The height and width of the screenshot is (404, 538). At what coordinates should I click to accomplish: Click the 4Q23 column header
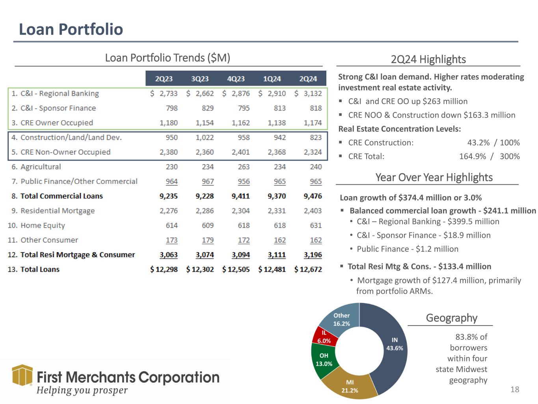236,79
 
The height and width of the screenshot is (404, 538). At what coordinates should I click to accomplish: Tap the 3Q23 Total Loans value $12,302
200,269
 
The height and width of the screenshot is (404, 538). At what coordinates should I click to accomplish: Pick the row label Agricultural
41,167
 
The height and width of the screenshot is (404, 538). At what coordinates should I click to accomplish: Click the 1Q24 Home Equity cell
280,225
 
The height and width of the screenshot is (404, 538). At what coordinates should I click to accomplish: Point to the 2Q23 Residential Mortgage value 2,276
169,211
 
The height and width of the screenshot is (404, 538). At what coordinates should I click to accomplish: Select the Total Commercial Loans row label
61,196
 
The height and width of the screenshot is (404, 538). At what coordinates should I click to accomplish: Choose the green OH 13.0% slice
324,359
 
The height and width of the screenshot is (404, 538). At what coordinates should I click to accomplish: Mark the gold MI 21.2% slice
350,386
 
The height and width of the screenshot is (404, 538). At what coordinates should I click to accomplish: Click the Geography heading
451,318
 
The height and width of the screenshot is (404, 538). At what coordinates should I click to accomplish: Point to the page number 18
515,389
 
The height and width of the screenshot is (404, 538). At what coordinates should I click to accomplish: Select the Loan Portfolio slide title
71,29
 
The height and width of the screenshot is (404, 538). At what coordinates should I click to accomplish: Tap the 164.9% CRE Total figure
473,156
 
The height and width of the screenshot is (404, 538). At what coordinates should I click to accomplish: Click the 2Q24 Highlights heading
428,59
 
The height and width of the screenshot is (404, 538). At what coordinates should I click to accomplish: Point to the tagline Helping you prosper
82,390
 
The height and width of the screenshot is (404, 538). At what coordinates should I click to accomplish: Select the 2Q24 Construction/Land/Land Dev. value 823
316,137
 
